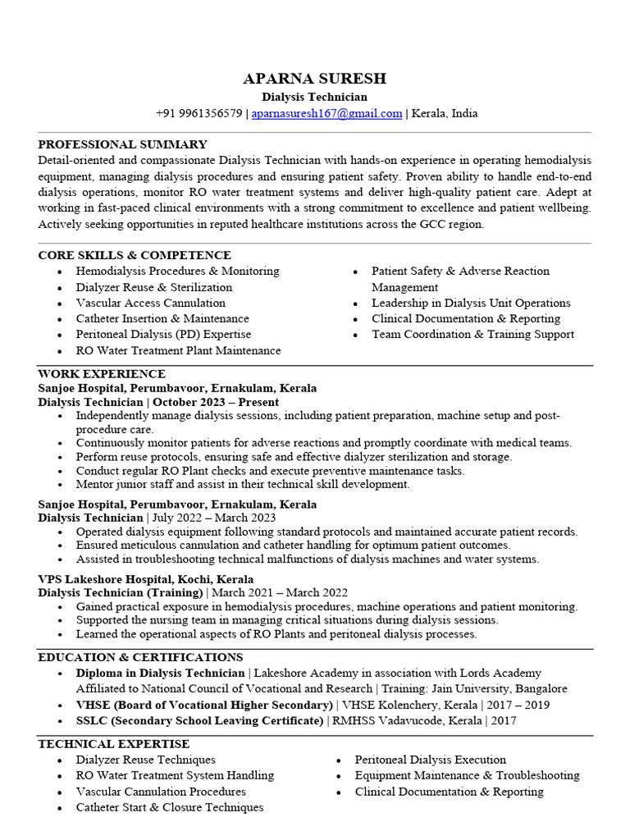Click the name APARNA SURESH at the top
[x=314, y=79]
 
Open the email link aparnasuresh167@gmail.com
[x=326, y=113]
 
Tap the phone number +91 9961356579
[x=199, y=113]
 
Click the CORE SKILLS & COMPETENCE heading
[x=135, y=255]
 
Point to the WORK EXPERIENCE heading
[x=102, y=374]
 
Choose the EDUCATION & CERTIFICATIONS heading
[x=140, y=657]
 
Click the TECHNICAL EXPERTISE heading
[x=113, y=744]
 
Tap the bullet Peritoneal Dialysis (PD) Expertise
[x=163, y=334]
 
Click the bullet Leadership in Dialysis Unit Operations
[x=471, y=303]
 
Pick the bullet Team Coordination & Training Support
[x=472, y=334]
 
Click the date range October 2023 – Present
[x=216, y=403]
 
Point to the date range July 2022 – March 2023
[x=214, y=518]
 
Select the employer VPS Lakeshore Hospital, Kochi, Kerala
[x=146, y=578]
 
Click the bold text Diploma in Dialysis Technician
[x=161, y=673]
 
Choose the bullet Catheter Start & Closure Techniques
[x=170, y=807]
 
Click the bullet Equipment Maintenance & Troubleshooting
[x=467, y=775]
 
